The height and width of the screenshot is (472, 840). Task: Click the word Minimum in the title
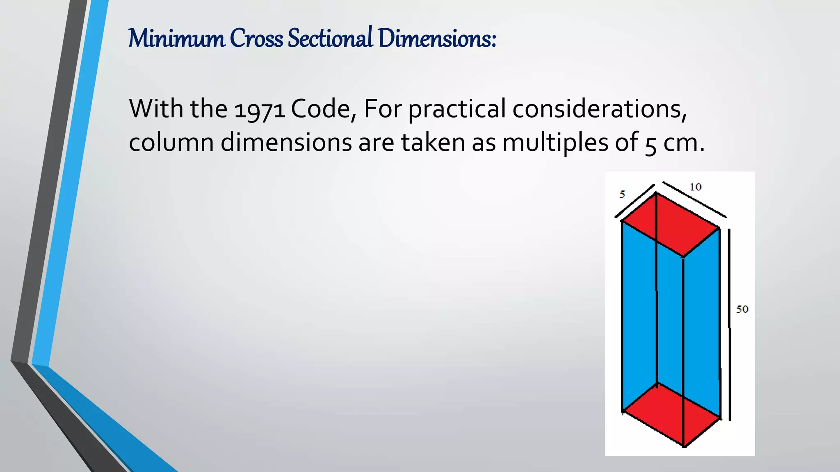coord(176,39)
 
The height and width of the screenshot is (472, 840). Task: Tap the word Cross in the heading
coord(256,39)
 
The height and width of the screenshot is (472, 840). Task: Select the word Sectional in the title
coord(330,39)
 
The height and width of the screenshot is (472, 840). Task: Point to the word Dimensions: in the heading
coord(437,39)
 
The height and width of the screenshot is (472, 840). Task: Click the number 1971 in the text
coord(259,110)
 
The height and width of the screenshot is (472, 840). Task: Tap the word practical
coord(457,110)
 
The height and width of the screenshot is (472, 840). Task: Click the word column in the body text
coord(171,143)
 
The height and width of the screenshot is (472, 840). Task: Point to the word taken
coord(433,143)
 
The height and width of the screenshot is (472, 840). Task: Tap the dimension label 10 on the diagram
coord(695,187)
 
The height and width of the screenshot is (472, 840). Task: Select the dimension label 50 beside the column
coord(742,309)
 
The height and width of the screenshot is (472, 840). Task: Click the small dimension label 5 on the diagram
coord(622,194)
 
